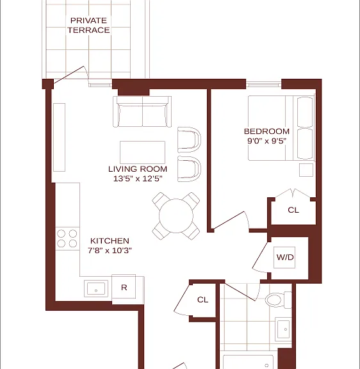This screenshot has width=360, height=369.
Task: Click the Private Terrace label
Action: [x=88, y=25]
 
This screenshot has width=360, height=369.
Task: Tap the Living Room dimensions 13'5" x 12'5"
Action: [x=138, y=179]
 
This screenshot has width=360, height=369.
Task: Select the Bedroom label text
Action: [x=266, y=131]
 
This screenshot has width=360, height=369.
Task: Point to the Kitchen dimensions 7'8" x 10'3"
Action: [x=110, y=250]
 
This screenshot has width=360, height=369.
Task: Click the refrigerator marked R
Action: [x=124, y=288]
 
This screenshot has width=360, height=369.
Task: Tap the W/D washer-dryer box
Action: [x=284, y=258]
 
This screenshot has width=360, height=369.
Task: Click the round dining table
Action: [x=176, y=216]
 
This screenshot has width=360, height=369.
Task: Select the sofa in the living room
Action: [x=142, y=111]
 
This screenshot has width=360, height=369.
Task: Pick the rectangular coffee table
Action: [x=142, y=152]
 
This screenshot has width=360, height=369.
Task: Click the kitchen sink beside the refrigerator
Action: [x=96, y=288]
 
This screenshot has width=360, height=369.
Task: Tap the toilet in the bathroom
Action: [x=279, y=300]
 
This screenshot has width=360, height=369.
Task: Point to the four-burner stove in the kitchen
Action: [x=67, y=238]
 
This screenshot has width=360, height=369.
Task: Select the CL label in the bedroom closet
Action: [x=293, y=210]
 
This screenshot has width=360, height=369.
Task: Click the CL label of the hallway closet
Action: [x=202, y=300]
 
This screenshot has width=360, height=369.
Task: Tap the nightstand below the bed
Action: [x=306, y=170]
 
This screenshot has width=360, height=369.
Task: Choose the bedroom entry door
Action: [x=230, y=220]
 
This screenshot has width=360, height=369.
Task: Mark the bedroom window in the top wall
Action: [x=263, y=84]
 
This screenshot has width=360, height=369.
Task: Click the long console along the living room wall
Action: [x=59, y=138]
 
